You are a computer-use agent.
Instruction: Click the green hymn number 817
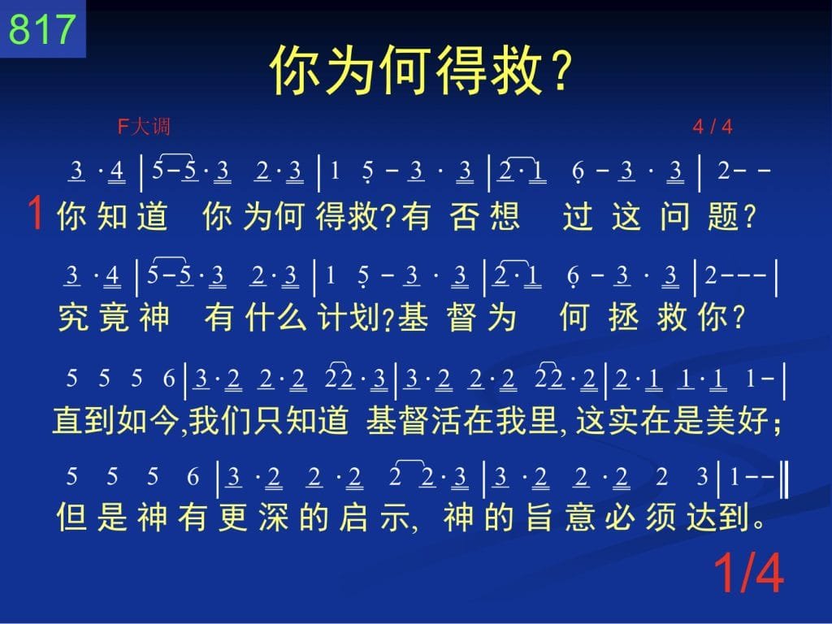(x=42, y=28)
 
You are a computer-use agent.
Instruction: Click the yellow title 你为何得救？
(x=422, y=70)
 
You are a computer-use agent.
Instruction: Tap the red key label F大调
(x=144, y=127)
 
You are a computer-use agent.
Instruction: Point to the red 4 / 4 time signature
(x=712, y=127)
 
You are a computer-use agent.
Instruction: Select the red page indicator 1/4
(x=748, y=573)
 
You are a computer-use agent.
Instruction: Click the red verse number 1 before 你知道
(x=36, y=213)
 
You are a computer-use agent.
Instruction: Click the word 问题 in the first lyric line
(x=700, y=216)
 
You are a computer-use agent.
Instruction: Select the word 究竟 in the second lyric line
(x=93, y=318)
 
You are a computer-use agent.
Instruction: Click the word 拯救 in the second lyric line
(x=649, y=318)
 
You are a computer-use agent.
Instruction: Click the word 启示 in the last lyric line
(x=374, y=517)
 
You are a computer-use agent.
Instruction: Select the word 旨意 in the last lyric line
(x=559, y=517)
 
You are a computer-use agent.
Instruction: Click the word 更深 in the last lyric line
(x=253, y=517)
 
